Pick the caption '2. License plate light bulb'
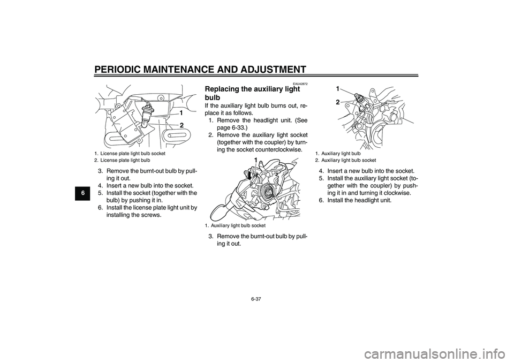[122, 160]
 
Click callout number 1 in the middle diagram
[249, 160]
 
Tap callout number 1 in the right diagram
[338, 87]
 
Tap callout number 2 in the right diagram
[338, 101]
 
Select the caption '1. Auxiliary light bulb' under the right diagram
[338, 154]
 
